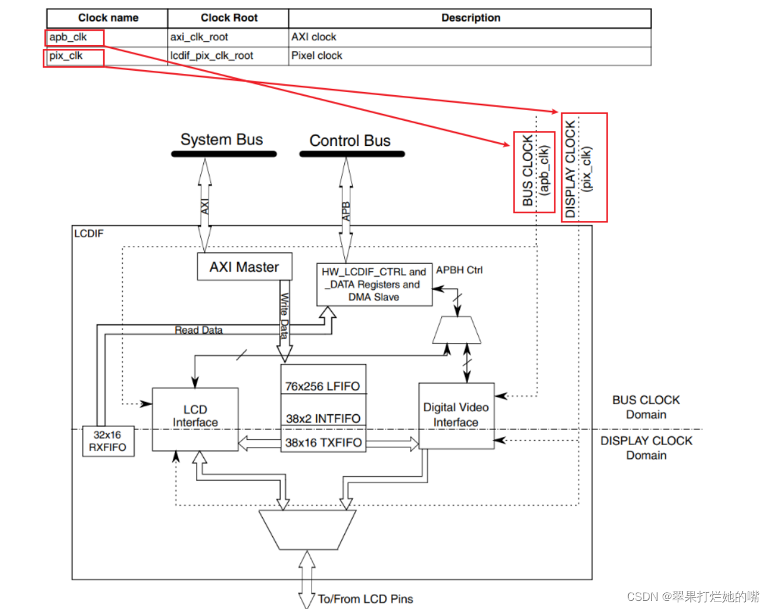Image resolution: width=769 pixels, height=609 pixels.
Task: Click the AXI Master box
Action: (244, 267)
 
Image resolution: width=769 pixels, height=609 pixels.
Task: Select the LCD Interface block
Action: (195, 418)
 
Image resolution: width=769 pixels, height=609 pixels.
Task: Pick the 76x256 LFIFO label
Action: (323, 386)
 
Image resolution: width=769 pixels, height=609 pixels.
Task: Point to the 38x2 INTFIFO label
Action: (323, 418)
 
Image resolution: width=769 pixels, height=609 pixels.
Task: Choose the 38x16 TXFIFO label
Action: (323, 443)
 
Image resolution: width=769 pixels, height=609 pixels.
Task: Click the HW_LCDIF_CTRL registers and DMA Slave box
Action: (374, 284)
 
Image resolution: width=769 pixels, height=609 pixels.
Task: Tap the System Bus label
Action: (222, 140)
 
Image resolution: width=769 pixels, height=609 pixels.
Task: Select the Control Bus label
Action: (350, 141)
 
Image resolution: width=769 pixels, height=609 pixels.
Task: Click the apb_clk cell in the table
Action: (68, 37)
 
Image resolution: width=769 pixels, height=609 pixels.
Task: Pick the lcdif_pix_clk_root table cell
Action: (211, 56)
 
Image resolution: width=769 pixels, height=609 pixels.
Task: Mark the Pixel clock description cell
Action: (317, 56)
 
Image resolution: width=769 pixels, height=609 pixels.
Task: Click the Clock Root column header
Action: (229, 18)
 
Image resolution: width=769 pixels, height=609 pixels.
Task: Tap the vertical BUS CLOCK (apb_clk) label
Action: (536, 171)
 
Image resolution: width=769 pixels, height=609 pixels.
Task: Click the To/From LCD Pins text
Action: (365, 599)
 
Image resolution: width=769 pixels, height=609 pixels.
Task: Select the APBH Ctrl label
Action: (459, 270)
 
